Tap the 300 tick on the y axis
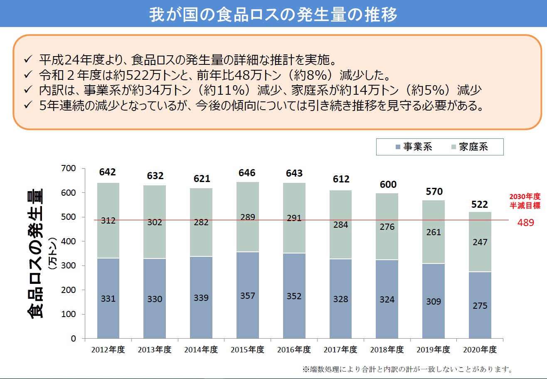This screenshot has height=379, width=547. (70, 266)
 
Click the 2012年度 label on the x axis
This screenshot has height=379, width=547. (108, 349)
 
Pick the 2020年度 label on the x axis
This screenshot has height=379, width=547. (480, 349)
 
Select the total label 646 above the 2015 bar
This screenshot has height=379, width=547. (247, 173)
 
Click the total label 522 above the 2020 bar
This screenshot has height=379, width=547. (480, 204)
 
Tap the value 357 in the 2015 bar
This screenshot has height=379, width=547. (247, 296)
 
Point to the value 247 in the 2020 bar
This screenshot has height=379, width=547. (480, 242)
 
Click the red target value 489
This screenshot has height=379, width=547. (525, 222)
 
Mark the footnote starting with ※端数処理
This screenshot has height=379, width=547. (407, 369)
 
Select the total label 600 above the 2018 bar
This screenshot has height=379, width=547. (387, 184)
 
